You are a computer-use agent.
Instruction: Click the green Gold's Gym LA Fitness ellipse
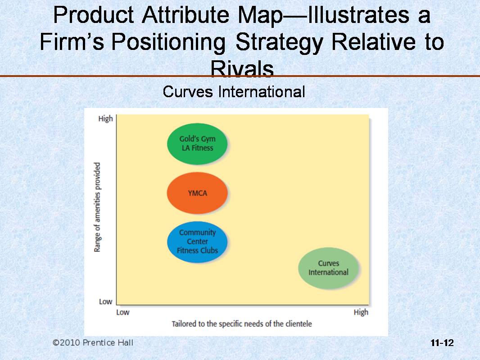pyautogui.click(x=197, y=144)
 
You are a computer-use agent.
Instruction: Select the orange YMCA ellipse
pyautogui.click(x=197, y=193)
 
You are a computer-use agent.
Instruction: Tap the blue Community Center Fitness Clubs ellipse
pyautogui.click(x=197, y=242)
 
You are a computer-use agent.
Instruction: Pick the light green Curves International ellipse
pyautogui.click(x=328, y=268)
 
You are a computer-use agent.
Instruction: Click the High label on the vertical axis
pyautogui.click(x=106, y=119)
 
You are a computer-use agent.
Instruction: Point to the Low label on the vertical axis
pyautogui.click(x=106, y=301)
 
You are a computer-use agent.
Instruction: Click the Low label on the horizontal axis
pyautogui.click(x=123, y=312)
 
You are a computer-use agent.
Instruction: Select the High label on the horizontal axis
pyautogui.click(x=361, y=312)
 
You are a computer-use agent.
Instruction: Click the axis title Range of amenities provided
pyautogui.click(x=97, y=207)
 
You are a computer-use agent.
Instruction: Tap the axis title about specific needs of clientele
pyautogui.click(x=241, y=324)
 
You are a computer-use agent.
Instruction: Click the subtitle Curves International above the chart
pyautogui.click(x=234, y=91)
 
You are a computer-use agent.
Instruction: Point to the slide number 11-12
pyautogui.click(x=442, y=343)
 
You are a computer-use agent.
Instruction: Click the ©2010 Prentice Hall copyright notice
pyautogui.click(x=93, y=342)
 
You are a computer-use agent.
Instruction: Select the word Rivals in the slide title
pyautogui.click(x=242, y=68)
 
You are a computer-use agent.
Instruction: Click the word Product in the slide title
pyautogui.click(x=93, y=15)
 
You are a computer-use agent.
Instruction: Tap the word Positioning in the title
pyautogui.click(x=168, y=42)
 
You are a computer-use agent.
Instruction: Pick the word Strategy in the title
pyautogui.click(x=279, y=42)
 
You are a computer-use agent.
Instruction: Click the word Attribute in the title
pyautogui.click(x=186, y=15)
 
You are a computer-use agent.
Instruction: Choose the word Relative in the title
pyautogui.click(x=373, y=41)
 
